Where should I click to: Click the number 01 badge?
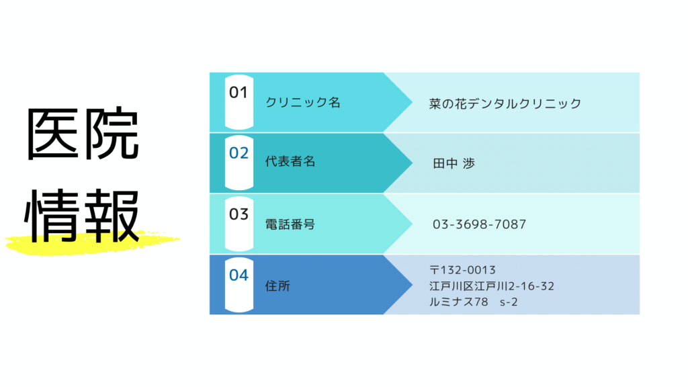point(239,102)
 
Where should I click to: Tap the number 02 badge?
point(239,163)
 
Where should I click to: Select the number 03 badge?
point(239,224)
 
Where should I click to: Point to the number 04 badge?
point(239,285)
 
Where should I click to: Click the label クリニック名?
point(303,103)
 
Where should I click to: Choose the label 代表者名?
point(290,161)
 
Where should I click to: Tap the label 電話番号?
point(290,224)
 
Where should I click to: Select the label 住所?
point(277,286)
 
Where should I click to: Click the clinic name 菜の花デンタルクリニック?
point(505,103)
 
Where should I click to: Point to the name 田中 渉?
point(454,164)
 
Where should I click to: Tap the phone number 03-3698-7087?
point(479,224)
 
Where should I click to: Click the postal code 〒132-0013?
point(462,270)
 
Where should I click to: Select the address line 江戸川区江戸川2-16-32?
point(492,286)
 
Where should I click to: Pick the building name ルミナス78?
point(458,302)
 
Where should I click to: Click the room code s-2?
point(509,302)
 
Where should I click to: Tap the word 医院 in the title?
point(83,134)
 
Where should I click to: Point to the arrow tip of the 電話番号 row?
point(412,224)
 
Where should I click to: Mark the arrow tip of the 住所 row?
point(412,285)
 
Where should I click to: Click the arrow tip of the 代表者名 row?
point(412,163)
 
